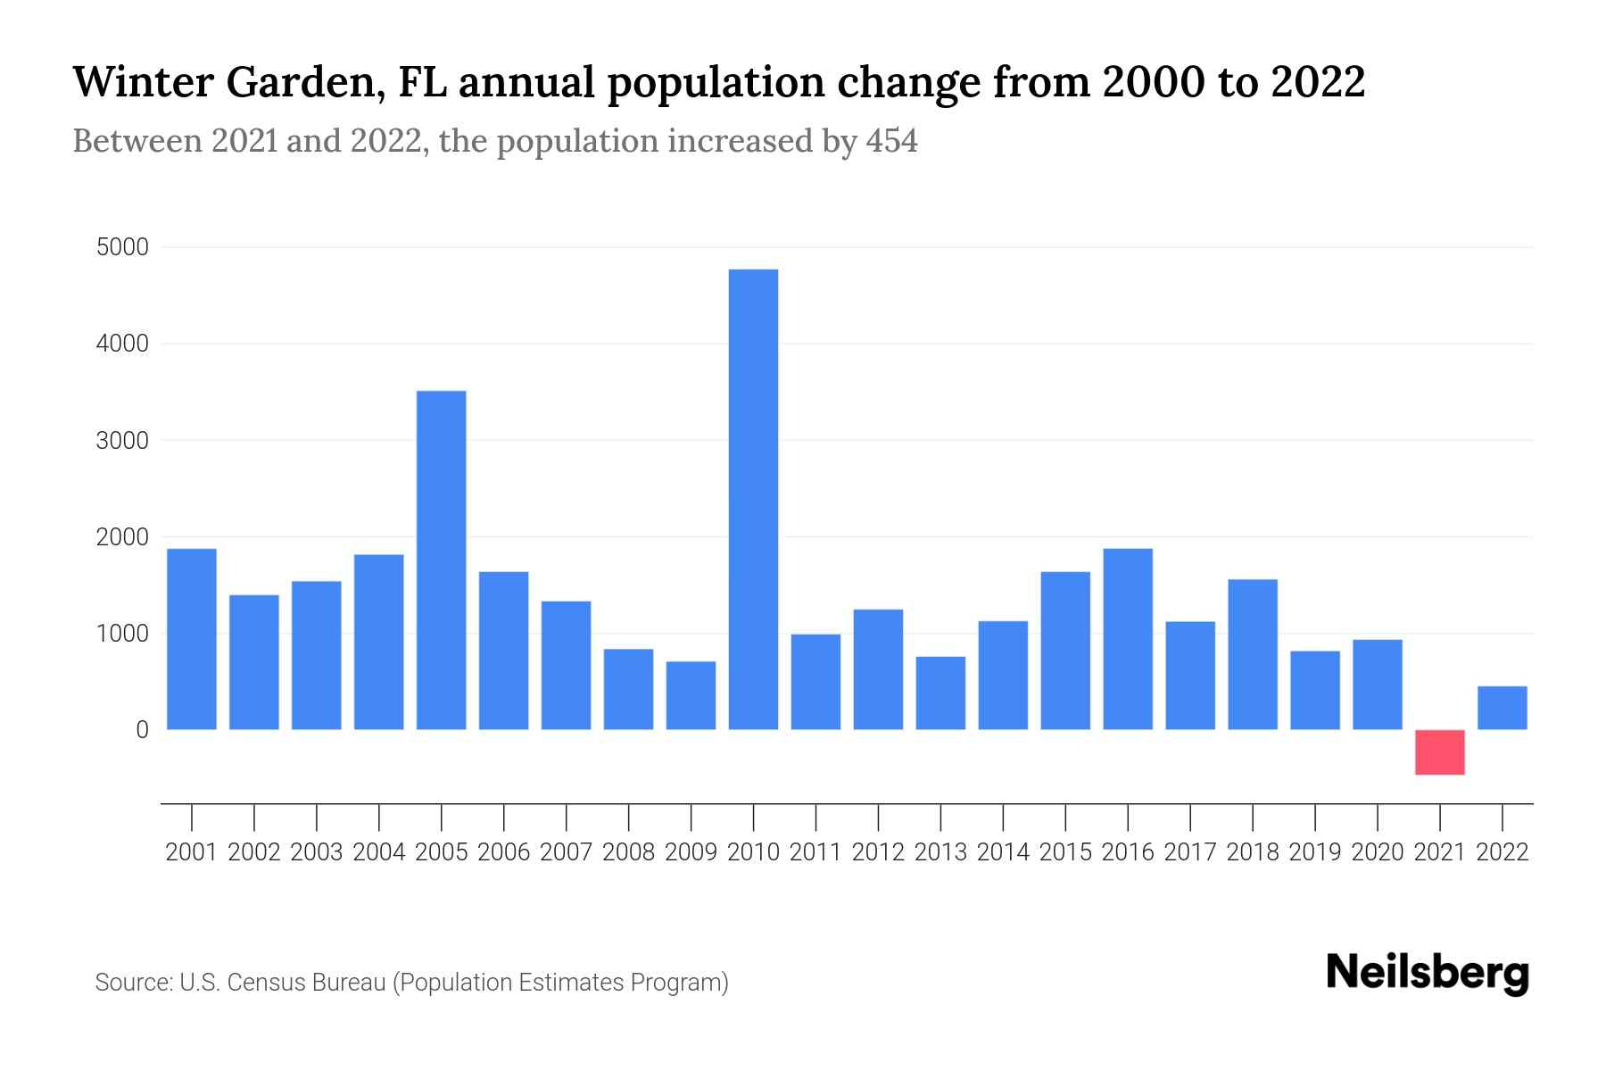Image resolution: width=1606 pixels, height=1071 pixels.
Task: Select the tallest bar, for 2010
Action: tap(753, 500)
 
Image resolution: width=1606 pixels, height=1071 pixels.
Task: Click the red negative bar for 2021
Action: tap(1439, 752)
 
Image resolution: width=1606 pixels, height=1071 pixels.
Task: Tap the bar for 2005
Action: tap(442, 560)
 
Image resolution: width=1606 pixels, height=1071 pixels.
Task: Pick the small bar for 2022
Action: tap(1502, 708)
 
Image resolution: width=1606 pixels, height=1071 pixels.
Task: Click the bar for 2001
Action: tap(192, 639)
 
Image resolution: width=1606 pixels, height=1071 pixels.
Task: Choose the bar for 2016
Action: tap(1128, 639)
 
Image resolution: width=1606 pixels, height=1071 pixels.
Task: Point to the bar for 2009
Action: tap(691, 695)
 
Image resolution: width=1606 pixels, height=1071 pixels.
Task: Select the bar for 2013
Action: tap(940, 693)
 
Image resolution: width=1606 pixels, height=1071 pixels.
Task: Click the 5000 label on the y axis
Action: tap(122, 247)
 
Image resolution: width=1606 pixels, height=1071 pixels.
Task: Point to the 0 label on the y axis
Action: tap(142, 730)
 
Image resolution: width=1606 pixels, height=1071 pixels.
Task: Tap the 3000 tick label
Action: tap(122, 441)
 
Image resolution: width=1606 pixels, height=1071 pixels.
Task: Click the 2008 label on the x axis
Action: tap(628, 852)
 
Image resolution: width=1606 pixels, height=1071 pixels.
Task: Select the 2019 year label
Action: tap(1314, 852)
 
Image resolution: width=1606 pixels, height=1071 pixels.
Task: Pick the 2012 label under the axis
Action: tap(878, 852)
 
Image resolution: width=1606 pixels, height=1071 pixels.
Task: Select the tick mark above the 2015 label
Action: tap(1065, 817)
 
